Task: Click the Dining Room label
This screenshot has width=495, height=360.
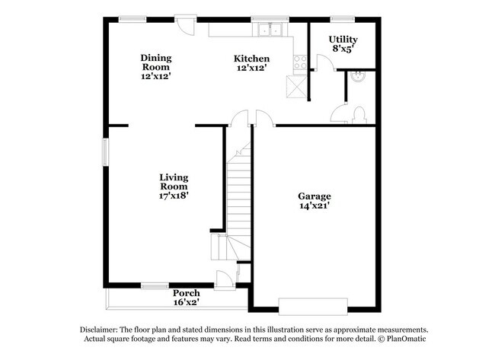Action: pyautogui.click(x=155, y=66)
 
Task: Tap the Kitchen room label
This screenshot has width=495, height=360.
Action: pyautogui.click(x=251, y=63)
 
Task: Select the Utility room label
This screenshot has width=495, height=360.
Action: pyautogui.click(x=343, y=43)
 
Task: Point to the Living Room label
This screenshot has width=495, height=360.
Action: pyautogui.click(x=174, y=186)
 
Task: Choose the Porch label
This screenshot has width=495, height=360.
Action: pyautogui.click(x=186, y=298)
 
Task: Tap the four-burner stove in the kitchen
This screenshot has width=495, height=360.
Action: pyautogui.click(x=299, y=62)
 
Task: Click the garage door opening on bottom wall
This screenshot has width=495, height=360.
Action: pyautogui.click(x=313, y=306)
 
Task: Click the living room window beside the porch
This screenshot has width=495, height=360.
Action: pyautogui.click(x=155, y=286)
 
